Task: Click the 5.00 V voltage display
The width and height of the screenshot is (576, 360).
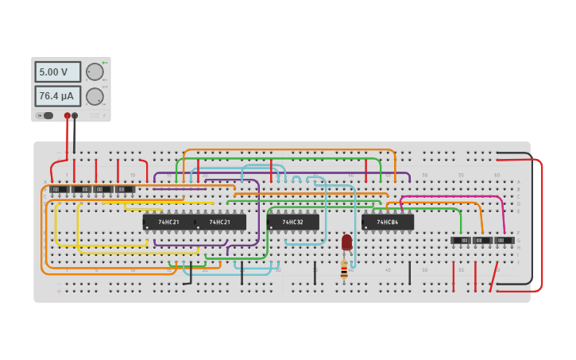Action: [57, 72]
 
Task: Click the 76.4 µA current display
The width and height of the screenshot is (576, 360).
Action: [57, 96]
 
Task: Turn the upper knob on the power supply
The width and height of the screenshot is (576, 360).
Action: [95, 72]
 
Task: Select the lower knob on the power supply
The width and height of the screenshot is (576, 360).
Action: [95, 97]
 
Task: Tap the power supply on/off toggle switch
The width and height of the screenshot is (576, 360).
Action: [47, 115]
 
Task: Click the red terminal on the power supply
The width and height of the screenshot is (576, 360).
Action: [68, 116]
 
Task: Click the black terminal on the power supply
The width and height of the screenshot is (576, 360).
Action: [75, 116]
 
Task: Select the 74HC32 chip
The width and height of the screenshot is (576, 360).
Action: [292, 222]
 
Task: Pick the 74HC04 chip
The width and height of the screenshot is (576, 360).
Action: [388, 222]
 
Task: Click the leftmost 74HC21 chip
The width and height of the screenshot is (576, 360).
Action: [168, 222]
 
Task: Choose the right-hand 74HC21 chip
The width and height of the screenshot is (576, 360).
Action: [220, 222]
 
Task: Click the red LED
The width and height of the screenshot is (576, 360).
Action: [346, 242]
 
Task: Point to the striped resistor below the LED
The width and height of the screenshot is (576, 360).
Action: [344, 270]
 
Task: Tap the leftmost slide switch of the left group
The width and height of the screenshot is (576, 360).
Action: [59, 189]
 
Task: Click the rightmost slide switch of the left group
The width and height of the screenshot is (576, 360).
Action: [125, 189]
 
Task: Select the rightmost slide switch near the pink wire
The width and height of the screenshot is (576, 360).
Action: [504, 240]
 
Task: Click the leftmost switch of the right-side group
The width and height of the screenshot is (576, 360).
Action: [461, 240]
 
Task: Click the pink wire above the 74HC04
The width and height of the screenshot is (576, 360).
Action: [453, 197]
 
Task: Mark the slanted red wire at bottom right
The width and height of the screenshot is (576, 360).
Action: [493, 277]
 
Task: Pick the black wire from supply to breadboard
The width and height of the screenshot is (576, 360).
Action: [75, 135]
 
